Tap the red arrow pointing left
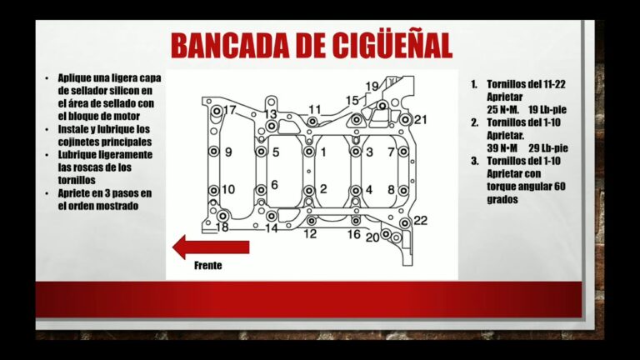coord(211,247)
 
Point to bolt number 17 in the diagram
coord(217,112)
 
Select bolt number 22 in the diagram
coord(405,222)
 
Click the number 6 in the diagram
coord(274,184)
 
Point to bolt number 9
coord(213,152)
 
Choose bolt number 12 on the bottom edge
coord(310,222)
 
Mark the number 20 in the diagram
coord(372,237)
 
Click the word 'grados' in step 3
coord(505,199)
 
